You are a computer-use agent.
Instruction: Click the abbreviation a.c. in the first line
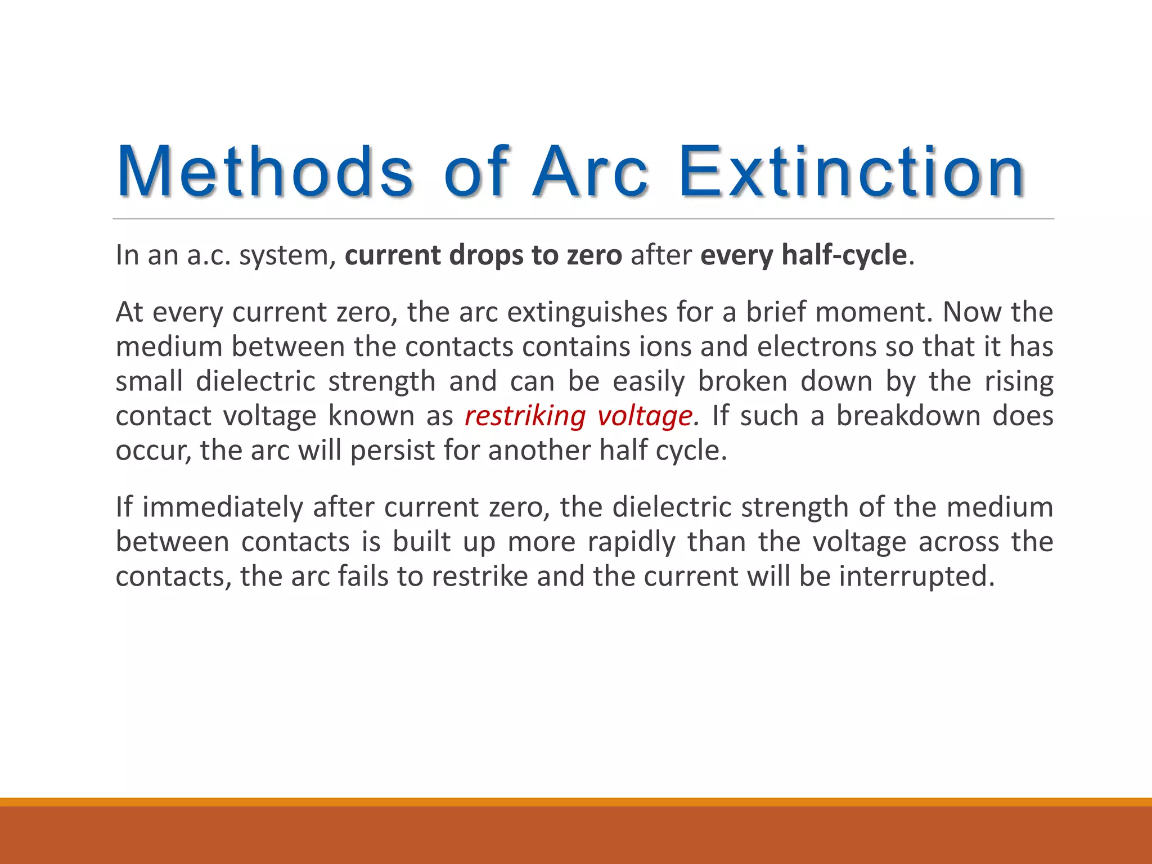[209, 255]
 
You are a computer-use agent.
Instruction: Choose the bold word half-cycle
[844, 255]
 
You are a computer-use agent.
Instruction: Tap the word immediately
[223, 507]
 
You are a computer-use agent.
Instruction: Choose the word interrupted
[917, 577]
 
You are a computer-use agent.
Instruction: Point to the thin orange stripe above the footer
[576, 802]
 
